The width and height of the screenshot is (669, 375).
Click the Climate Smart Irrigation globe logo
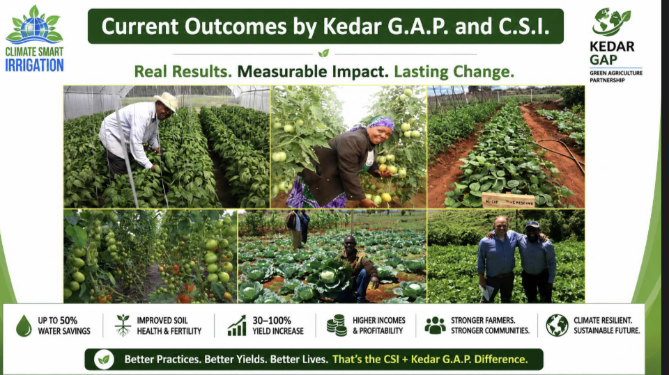[x=34, y=26]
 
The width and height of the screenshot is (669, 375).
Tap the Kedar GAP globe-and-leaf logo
[x=611, y=22]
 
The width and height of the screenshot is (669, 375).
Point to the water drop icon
[x=24, y=326]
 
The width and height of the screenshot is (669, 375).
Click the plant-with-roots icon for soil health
[x=123, y=326]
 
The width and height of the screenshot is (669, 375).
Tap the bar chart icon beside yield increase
[x=237, y=326]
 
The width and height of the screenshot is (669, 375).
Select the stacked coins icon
[x=337, y=326]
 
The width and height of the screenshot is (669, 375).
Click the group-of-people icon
[x=435, y=326]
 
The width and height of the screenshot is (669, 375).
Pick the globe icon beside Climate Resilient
[x=557, y=326]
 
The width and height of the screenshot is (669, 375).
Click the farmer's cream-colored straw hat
[x=166, y=102]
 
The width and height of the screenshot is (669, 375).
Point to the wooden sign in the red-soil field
[x=508, y=200]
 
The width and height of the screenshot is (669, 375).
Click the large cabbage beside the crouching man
[x=328, y=277]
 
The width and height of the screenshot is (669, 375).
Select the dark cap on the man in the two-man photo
[x=532, y=224]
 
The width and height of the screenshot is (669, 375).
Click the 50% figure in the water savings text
[x=68, y=321]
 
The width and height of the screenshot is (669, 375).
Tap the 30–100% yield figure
[x=272, y=321]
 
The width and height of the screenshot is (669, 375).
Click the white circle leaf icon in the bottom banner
[x=104, y=359]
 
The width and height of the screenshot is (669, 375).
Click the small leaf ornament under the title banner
[x=324, y=54]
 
